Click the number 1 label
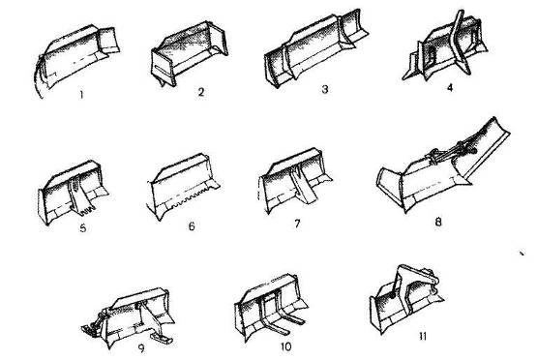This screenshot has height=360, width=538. [81, 95]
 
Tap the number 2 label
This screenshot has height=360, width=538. [201, 92]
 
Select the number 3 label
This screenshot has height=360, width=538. [324, 89]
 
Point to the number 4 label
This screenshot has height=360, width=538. [450, 88]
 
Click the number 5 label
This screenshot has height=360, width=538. [83, 227]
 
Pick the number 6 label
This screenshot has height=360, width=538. [192, 226]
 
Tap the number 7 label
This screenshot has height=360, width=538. [297, 224]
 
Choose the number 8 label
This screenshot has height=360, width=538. [438, 222]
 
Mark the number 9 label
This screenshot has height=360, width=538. [141, 348]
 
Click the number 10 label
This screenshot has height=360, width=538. [285, 346]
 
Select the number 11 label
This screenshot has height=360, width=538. [423, 336]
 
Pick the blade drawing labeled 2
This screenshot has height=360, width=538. [189, 53]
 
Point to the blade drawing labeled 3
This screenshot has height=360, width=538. [315, 48]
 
